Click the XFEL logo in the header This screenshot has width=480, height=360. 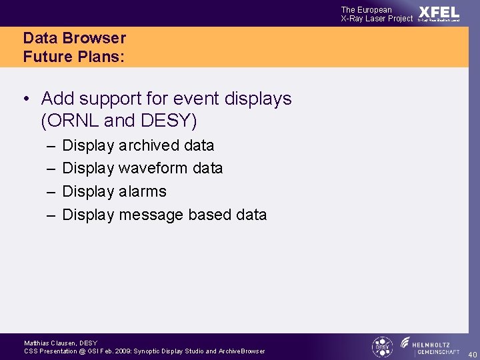[x=439, y=13]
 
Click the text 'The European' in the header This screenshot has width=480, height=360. [x=366, y=9]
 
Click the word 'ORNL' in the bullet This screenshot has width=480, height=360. [x=70, y=121]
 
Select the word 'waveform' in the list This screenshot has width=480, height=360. [x=153, y=168]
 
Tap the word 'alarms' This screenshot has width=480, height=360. [x=143, y=191]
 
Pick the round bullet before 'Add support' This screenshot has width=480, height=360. [x=25, y=99]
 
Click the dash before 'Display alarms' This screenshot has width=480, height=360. [x=52, y=192]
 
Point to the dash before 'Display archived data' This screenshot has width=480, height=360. [x=52, y=145]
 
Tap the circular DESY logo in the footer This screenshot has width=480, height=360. [x=382, y=347]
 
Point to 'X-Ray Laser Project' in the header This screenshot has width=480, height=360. [x=377, y=19]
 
